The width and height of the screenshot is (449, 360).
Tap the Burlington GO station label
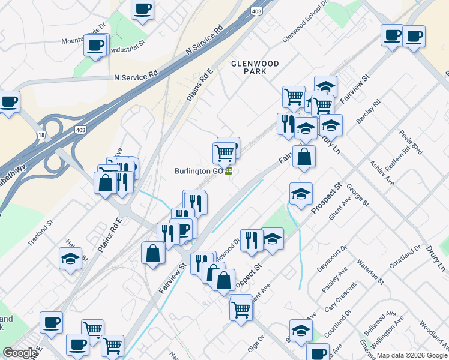[x=199, y=171]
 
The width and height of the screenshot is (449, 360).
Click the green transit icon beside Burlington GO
[x=229, y=172]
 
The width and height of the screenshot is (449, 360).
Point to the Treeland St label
[x=40, y=233]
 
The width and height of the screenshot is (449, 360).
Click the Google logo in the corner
[x=19, y=353]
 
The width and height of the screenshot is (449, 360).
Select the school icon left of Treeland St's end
[x=70, y=259]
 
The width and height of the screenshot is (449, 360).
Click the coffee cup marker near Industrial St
[x=96, y=45]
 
